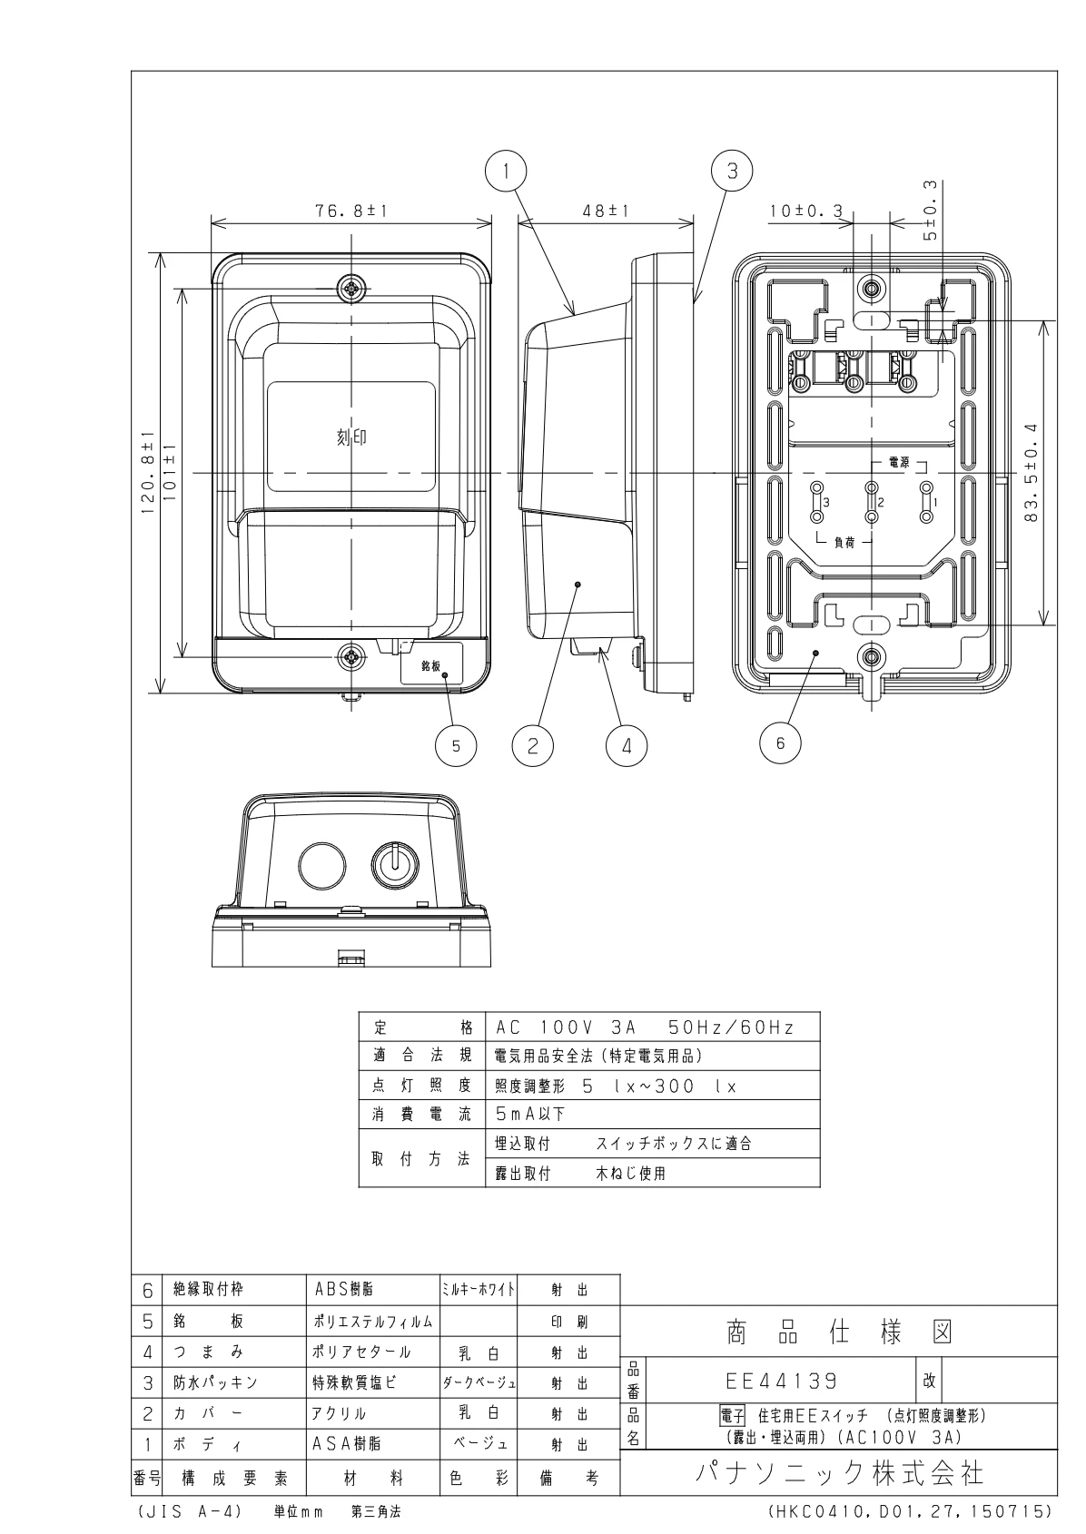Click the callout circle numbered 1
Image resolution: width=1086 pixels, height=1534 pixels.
click(506, 171)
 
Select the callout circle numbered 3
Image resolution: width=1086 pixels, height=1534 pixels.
click(733, 171)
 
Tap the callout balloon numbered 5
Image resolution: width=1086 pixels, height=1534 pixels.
click(457, 746)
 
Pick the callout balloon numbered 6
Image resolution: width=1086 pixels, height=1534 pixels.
click(780, 743)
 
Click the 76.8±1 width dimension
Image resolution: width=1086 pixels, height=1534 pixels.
click(350, 211)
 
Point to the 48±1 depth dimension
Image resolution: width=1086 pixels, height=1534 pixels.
click(606, 211)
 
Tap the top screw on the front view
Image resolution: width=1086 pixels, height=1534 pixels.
click(351, 289)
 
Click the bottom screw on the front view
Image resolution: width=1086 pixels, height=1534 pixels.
click(351, 657)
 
